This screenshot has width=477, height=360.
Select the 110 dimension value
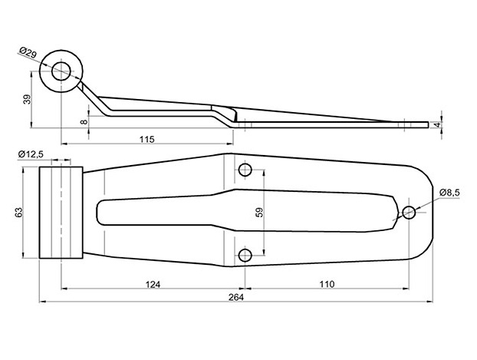coord(326,283)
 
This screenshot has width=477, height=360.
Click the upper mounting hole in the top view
coord(245,170)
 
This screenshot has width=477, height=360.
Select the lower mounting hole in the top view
coord(245,255)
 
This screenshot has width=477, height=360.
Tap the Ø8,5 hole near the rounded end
coord(409,213)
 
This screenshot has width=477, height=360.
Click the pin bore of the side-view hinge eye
coord(61,71)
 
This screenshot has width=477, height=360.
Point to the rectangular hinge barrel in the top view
coord(61,213)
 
